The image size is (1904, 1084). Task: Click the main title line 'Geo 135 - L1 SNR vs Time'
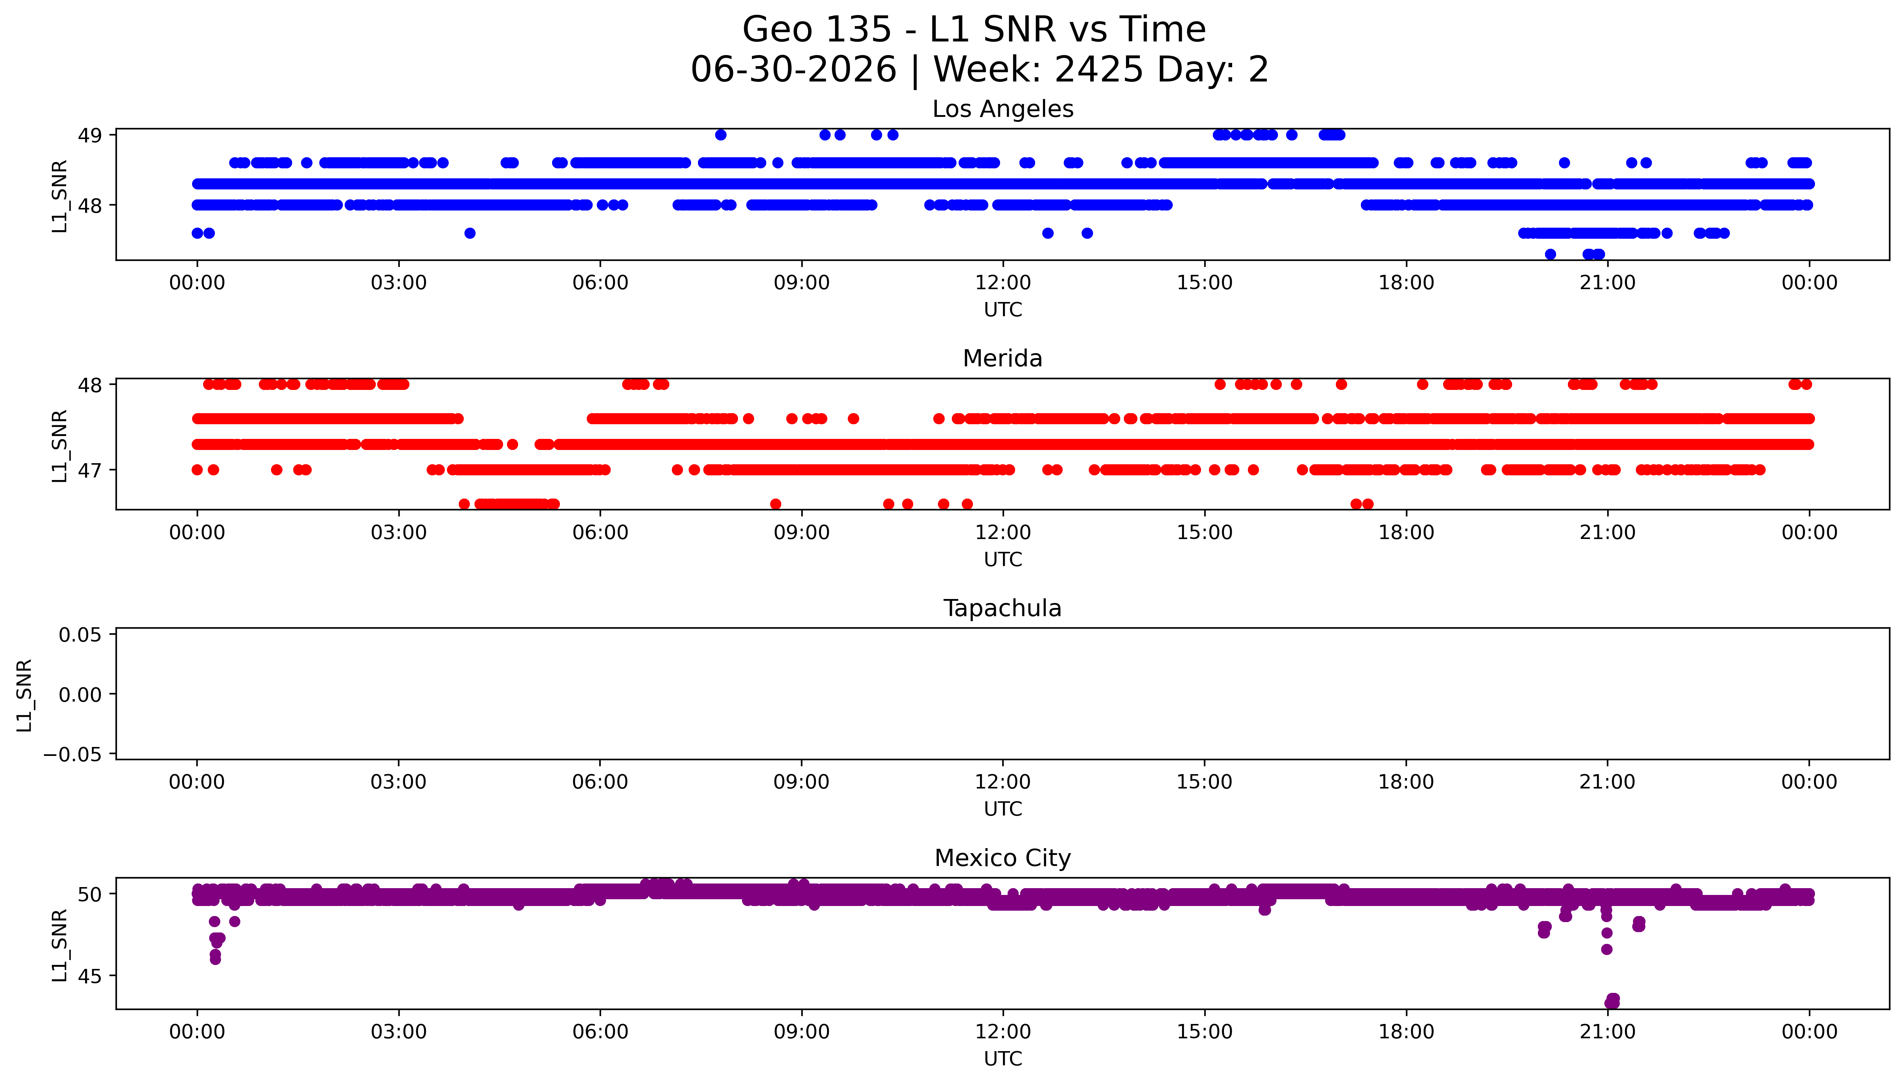click(974, 30)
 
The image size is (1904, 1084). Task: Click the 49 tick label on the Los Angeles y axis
click(90, 135)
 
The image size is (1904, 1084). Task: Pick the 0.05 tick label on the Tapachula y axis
click(80, 635)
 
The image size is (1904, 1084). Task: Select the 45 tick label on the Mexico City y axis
click(90, 976)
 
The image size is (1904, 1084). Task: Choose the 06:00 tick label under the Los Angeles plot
click(600, 283)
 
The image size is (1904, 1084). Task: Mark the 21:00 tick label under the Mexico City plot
click(1608, 1032)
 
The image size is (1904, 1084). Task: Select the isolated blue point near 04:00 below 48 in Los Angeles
click(470, 233)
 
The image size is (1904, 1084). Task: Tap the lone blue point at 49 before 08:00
click(721, 135)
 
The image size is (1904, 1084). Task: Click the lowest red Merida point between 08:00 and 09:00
click(775, 504)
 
